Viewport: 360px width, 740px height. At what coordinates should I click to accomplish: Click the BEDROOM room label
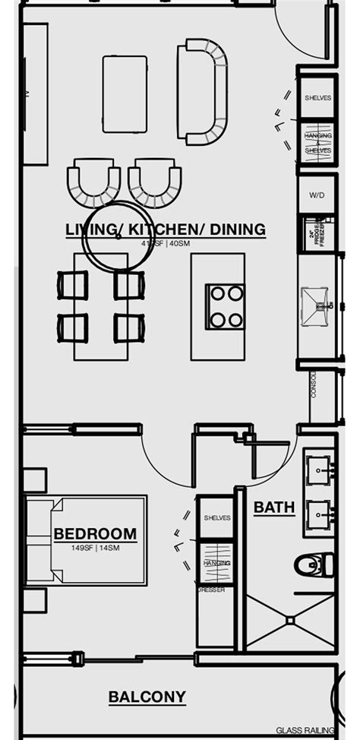pos(95,534)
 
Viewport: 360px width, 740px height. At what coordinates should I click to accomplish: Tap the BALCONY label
pos(147,697)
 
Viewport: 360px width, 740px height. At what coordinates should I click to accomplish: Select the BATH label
pos(274,507)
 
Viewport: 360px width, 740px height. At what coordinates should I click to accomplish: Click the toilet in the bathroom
pos(313,564)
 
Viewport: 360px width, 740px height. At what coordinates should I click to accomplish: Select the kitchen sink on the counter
pos(316,307)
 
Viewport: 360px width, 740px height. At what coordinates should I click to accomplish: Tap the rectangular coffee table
pos(125,93)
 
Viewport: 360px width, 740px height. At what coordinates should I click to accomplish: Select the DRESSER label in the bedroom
pos(211,589)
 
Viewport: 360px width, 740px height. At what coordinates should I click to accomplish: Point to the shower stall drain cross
pos(290,621)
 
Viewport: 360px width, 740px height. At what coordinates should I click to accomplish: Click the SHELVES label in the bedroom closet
pos(216,517)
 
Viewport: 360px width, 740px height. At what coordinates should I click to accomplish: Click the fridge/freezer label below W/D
pos(316,232)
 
